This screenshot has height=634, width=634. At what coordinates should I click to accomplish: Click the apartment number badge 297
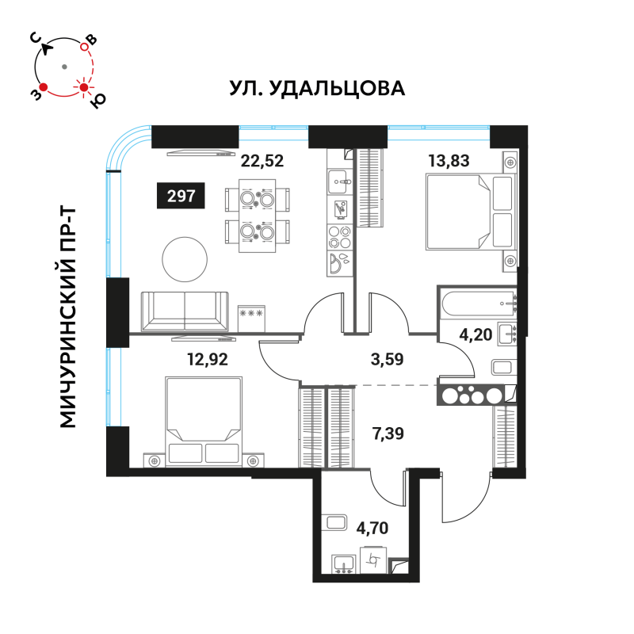point(181,196)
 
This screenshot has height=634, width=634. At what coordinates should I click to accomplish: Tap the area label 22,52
point(262,161)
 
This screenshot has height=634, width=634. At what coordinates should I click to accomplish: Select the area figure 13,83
point(449,161)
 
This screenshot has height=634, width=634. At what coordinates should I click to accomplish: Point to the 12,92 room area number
point(208,359)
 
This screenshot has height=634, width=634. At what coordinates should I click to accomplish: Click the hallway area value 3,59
point(387,359)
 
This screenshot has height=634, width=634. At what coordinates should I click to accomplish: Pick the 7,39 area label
point(388,433)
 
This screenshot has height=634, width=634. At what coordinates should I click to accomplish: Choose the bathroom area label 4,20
point(475,334)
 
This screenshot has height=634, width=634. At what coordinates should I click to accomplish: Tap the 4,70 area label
point(372,528)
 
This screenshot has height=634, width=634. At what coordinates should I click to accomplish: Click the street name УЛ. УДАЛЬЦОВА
point(317,88)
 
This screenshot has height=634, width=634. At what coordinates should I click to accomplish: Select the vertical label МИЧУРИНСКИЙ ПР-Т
point(67,318)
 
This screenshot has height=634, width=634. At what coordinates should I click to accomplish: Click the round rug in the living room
point(185,260)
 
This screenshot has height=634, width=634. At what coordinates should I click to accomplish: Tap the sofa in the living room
point(185,311)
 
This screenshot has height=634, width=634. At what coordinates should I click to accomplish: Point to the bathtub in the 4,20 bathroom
point(477,304)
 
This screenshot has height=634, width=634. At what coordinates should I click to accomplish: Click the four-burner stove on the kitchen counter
point(339,237)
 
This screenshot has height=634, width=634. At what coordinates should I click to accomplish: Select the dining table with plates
point(257,216)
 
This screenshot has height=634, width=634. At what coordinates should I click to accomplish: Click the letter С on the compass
point(36,38)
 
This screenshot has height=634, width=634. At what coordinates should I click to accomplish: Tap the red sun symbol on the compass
point(84,87)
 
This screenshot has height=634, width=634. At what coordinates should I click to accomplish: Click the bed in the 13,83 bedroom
point(469,212)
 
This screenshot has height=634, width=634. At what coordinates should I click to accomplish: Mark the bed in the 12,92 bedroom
point(204,421)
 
